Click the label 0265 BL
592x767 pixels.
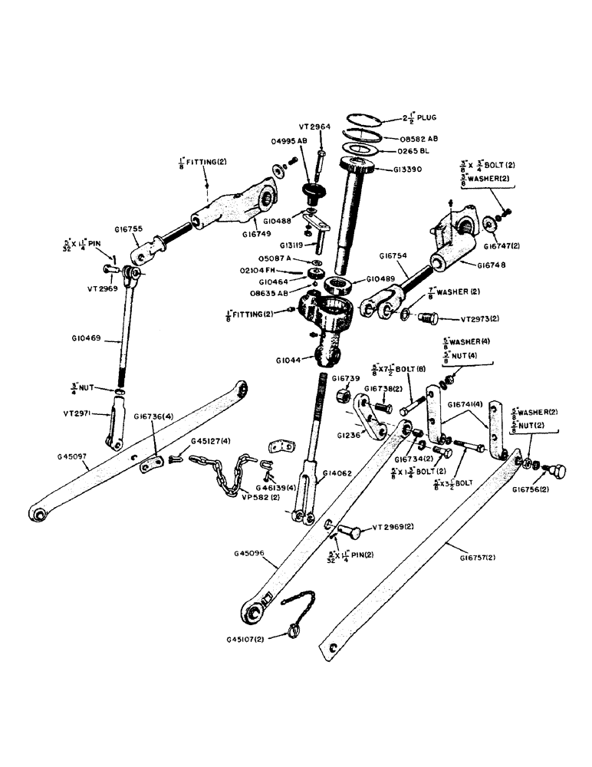click(x=418, y=152)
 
